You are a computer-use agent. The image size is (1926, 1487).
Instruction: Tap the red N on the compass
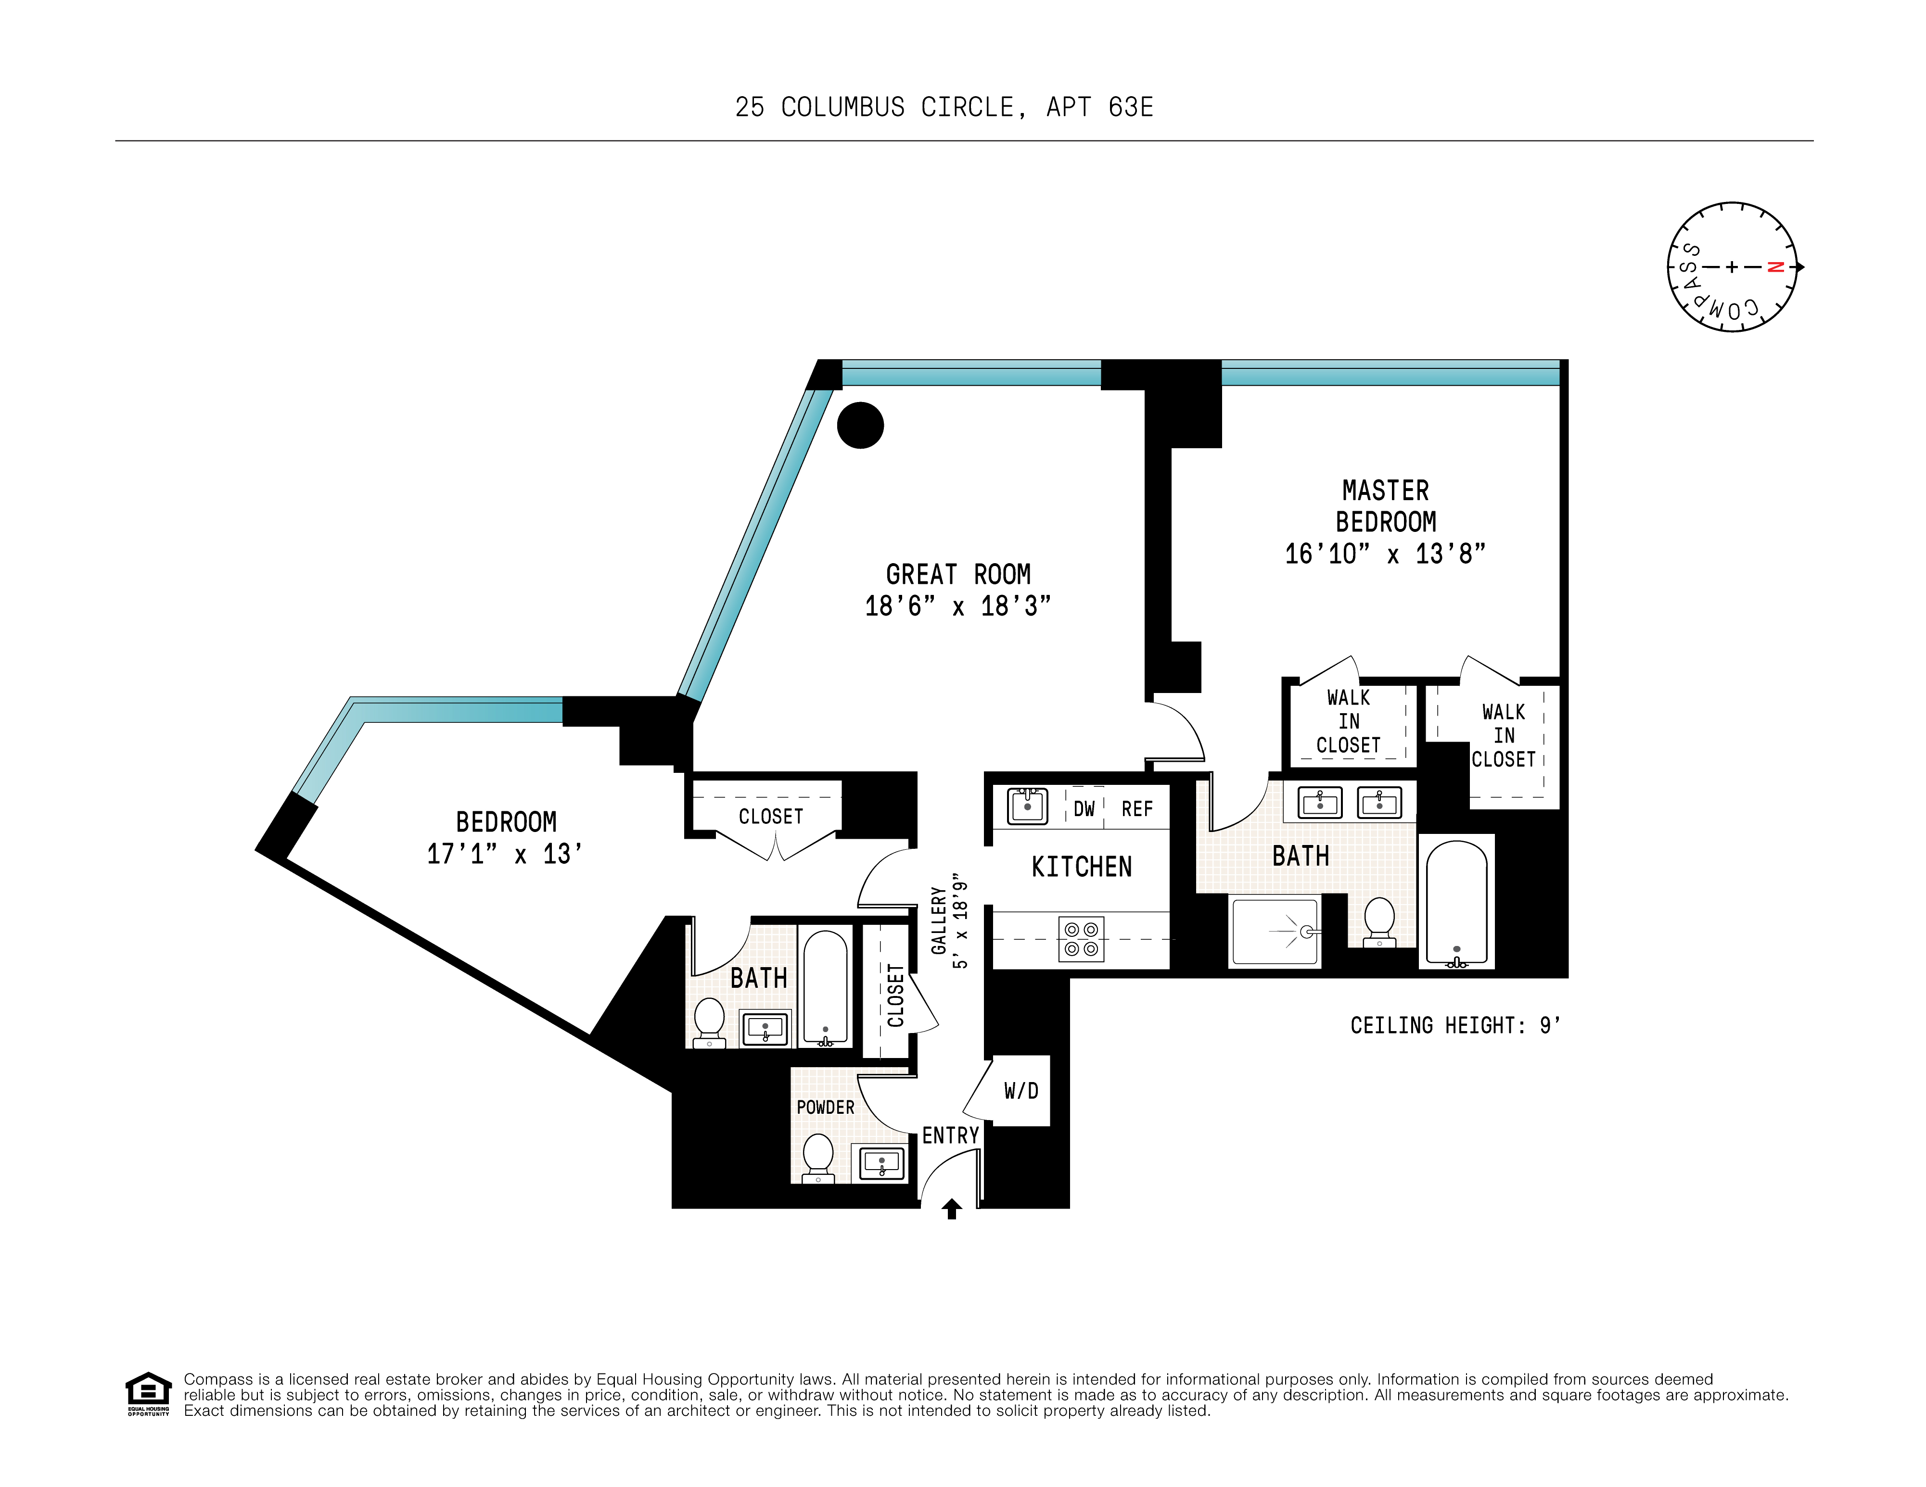[x=1775, y=267]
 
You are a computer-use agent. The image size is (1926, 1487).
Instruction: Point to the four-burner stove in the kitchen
[x=1080, y=939]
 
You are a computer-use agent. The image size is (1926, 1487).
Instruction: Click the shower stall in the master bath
[x=1275, y=932]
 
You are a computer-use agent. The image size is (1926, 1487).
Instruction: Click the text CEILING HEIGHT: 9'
[x=1455, y=1026]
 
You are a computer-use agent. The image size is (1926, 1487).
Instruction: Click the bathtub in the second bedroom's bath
[x=826, y=987]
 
